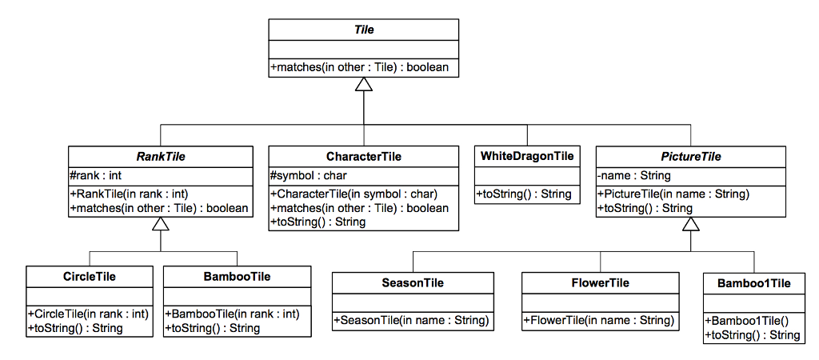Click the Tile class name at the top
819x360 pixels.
click(x=364, y=30)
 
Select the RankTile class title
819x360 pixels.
click(x=161, y=157)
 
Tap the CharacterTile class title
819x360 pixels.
click(x=364, y=157)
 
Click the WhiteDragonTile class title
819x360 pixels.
click(x=527, y=156)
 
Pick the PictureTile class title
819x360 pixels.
click(x=690, y=157)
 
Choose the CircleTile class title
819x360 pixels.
click(x=90, y=277)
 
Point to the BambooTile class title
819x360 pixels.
click(x=237, y=277)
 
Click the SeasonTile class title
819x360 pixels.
click(x=413, y=283)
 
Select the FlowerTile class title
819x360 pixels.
click(x=600, y=283)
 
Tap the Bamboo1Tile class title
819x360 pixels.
click(x=753, y=283)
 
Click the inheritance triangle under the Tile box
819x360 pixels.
click(x=364, y=84)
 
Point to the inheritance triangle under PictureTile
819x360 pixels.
click(x=690, y=225)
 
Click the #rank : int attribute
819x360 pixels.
click(x=96, y=175)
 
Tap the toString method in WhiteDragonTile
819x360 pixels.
click(x=524, y=194)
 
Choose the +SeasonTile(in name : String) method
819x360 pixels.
click(x=412, y=320)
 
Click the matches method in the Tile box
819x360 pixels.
click(x=360, y=67)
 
